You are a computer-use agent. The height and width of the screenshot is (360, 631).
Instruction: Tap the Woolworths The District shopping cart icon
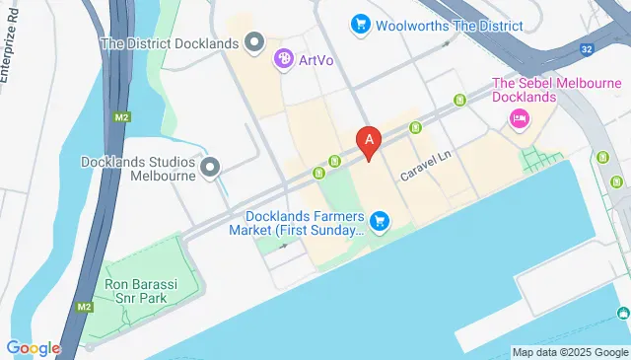click(x=360, y=23)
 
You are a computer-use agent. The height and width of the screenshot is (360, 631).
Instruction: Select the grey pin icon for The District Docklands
click(x=254, y=41)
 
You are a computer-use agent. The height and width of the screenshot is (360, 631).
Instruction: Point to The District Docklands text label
click(x=171, y=42)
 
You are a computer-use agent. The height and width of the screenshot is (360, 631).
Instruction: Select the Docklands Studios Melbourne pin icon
click(x=210, y=170)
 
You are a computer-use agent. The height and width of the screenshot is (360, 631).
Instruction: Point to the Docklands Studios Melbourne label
click(x=141, y=170)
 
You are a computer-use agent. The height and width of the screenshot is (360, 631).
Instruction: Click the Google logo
click(x=33, y=348)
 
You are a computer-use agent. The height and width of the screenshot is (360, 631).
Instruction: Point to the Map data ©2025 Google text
click(x=571, y=352)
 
